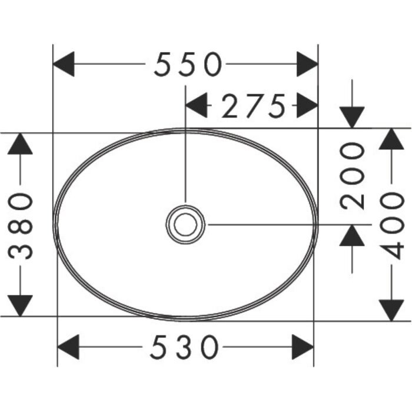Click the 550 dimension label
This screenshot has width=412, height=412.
tap(188, 64)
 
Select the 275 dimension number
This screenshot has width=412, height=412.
tap(254, 105)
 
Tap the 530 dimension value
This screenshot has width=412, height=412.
tap(184, 347)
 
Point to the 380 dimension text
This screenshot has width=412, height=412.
tap(20, 225)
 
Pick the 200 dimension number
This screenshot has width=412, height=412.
tap(352, 176)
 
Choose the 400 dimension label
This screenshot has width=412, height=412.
tap(391, 225)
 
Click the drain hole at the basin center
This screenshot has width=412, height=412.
tap(185, 225)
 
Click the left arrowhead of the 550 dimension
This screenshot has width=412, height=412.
tap(64, 64)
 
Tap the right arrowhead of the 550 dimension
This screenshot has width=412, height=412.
tap(307, 64)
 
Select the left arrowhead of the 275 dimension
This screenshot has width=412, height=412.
tap(196, 105)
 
